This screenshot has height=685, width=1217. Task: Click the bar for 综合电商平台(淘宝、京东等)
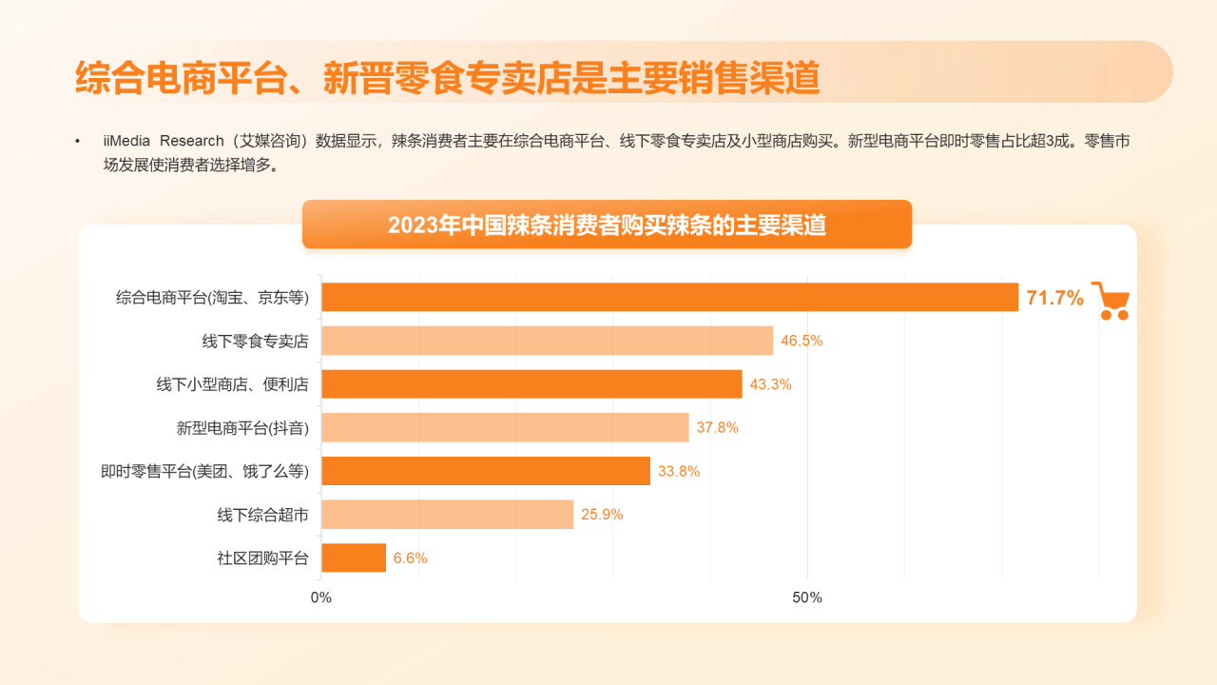(x=669, y=297)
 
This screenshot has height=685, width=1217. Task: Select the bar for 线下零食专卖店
(x=547, y=341)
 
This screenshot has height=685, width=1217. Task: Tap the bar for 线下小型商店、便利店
(x=531, y=384)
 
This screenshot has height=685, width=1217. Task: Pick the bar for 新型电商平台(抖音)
(x=505, y=427)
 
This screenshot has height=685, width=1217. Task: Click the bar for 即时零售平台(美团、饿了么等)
(x=486, y=471)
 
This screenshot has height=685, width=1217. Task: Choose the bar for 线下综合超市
(x=447, y=515)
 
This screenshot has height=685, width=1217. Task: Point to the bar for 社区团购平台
(x=354, y=558)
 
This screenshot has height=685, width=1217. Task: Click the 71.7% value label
(x=1054, y=298)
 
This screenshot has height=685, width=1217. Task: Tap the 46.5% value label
(x=802, y=341)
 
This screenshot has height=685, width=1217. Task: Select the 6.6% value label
(x=410, y=558)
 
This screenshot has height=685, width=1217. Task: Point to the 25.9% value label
(x=602, y=515)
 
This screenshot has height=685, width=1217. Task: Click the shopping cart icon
(x=1110, y=301)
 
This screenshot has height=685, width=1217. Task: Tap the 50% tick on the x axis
(x=807, y=598)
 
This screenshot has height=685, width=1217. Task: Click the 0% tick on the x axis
(x=321, y=598)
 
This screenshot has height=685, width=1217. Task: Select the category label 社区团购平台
(x=262, y=558)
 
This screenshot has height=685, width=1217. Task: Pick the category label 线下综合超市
(x=262, y=515)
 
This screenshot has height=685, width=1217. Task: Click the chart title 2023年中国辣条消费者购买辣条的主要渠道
(x=607, y=225)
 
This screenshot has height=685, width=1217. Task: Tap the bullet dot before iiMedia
(x=78, y=142)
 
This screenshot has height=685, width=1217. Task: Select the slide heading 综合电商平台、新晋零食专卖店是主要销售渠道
(x=447, y=78)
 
